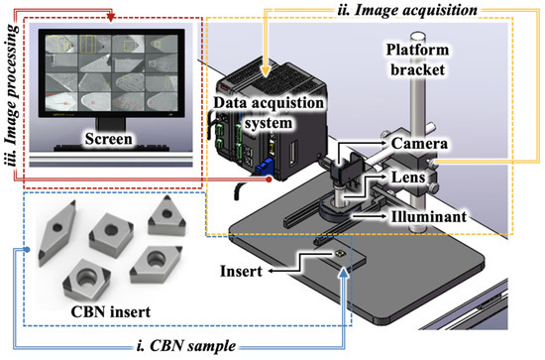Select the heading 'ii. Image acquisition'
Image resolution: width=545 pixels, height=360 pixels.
400,10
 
